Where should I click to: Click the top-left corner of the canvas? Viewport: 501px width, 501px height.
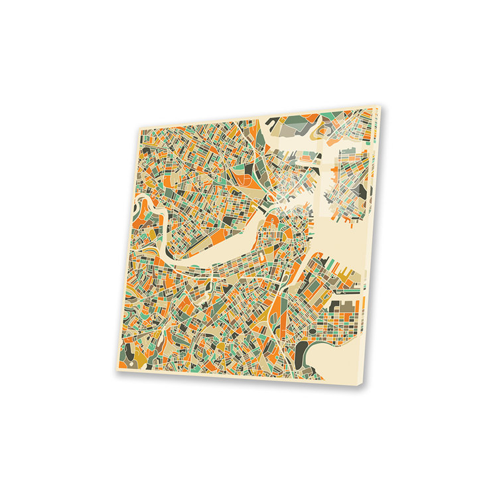pyautogui.click(x=138, y=127)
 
